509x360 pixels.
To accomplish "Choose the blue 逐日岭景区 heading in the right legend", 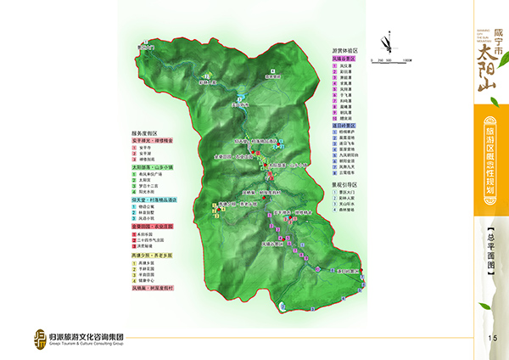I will tap(344, 124).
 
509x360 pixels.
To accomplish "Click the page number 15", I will tap(491, 340).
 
